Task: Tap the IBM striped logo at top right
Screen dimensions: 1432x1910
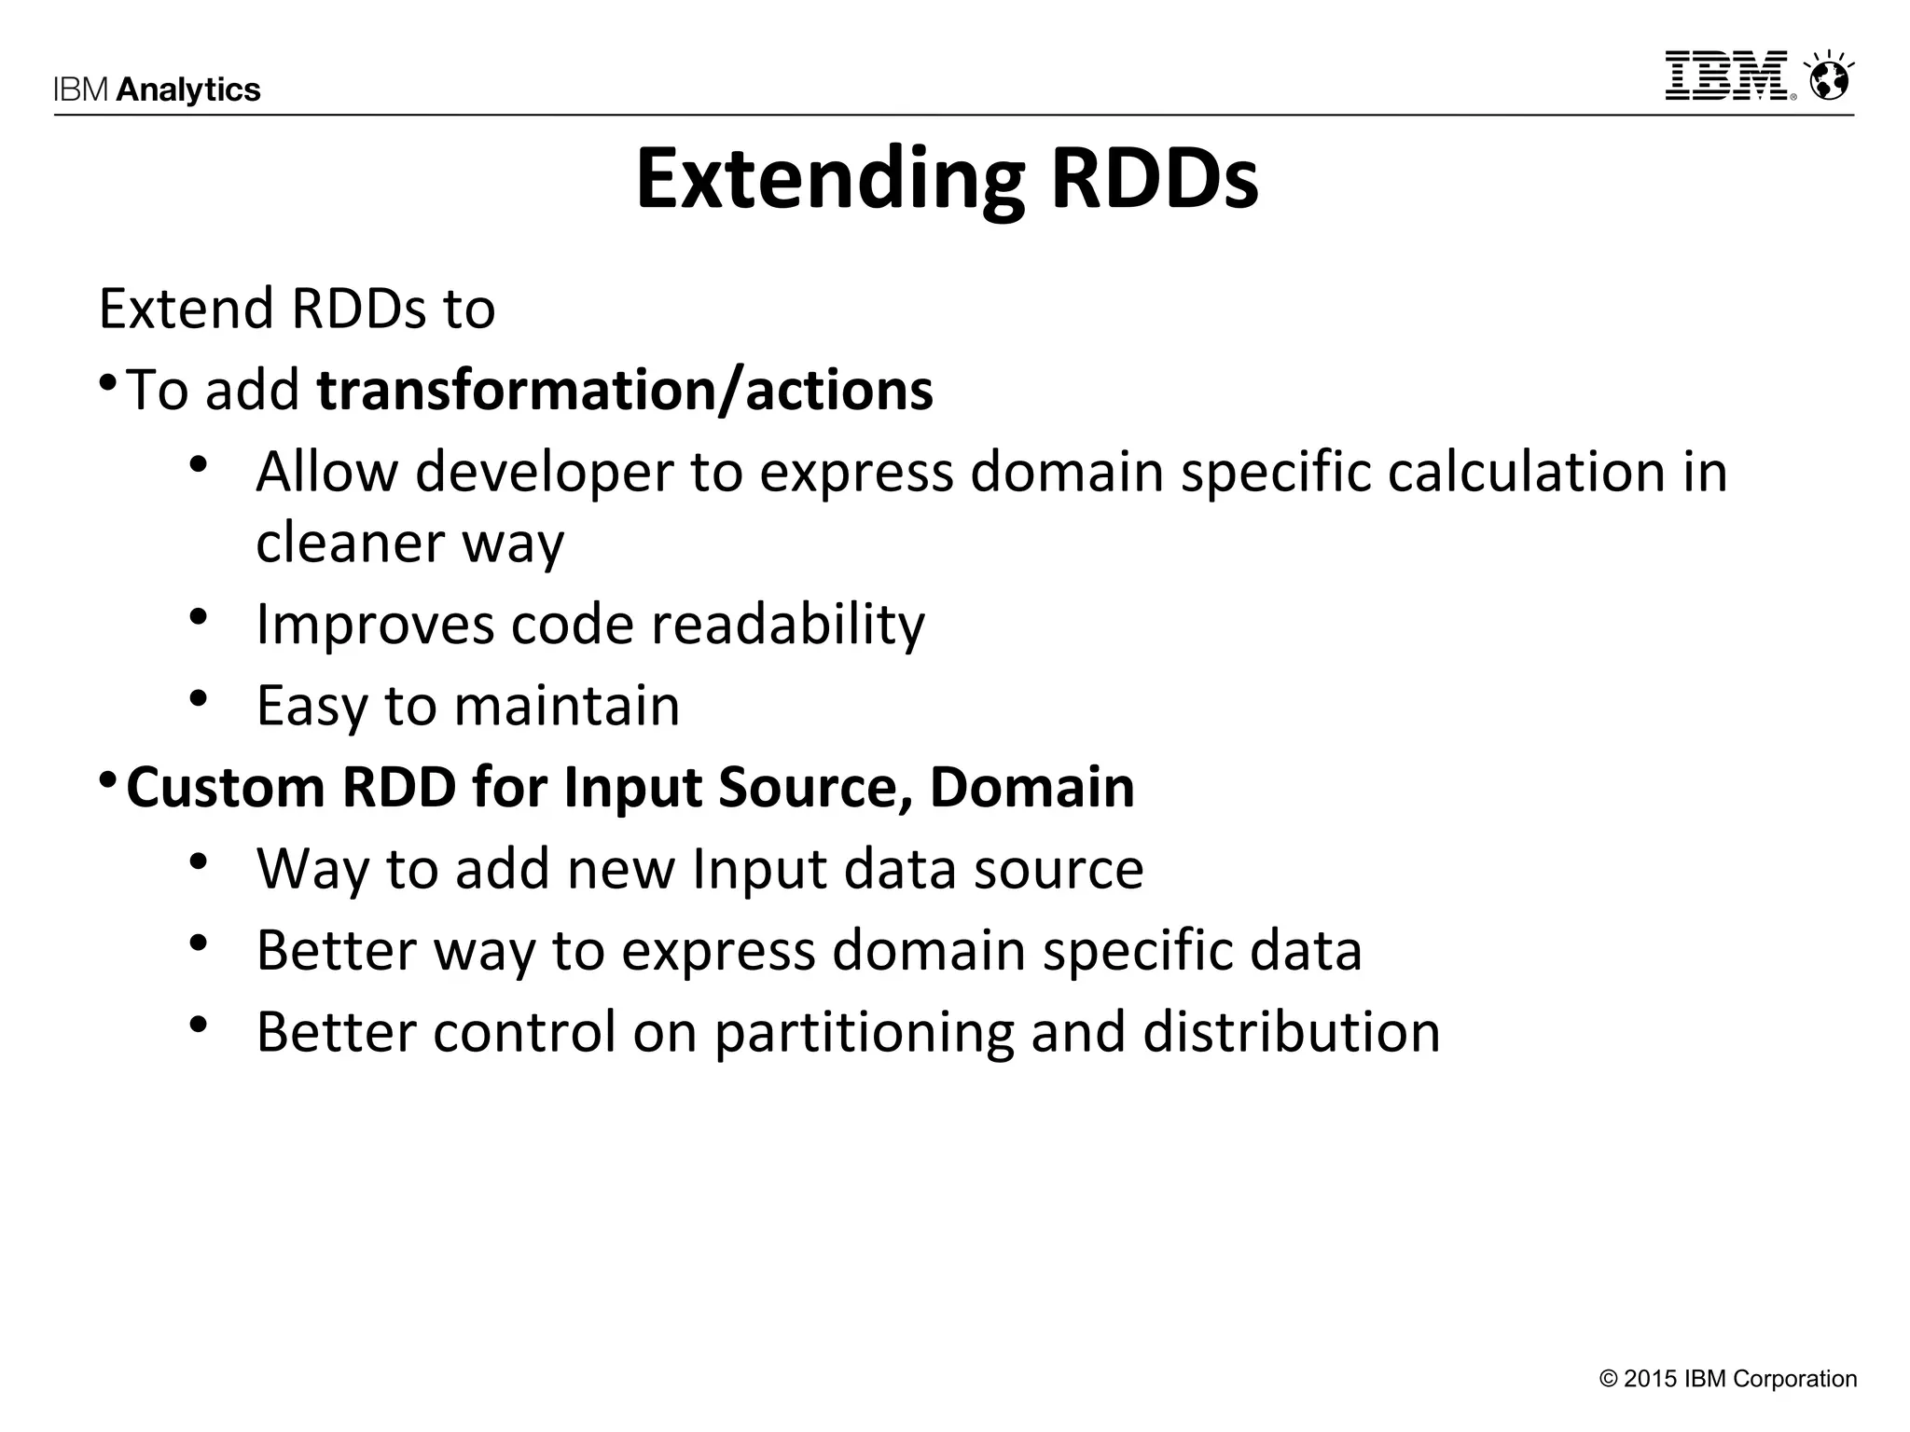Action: [x=1728, y=76]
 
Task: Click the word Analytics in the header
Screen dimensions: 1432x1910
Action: [x=188, y=89]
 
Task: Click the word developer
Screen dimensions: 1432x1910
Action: [x=544, y=472]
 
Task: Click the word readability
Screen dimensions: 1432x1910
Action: [x=788, y=624]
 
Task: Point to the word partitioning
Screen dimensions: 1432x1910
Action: [x=864, y=1032]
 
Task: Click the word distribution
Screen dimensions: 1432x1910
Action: [x=1292, y=1032]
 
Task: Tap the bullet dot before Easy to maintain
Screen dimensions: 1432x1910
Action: [x=197, y=697]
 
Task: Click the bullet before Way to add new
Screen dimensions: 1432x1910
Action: [x=197, y=861]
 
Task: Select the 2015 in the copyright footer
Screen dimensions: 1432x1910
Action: [x=1650, y=1379]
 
